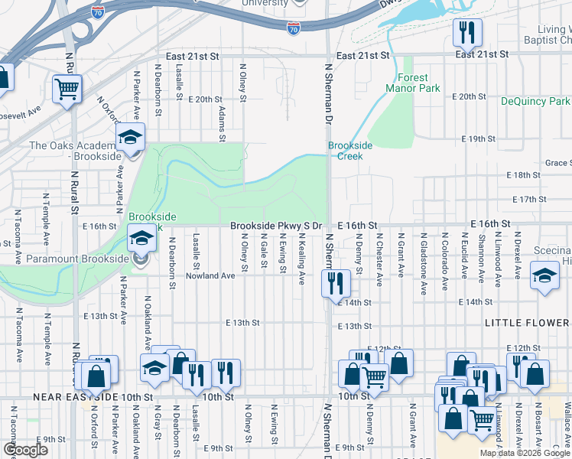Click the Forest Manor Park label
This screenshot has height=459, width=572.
[x=418, y=83]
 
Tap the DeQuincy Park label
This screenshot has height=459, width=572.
[x=535, y=101]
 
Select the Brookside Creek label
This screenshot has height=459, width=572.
[x=350, y=150]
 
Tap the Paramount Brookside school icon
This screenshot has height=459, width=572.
[x=141, y=240]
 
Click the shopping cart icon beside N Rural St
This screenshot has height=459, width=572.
[x=67, y=90]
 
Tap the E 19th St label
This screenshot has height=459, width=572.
[x=479, y=138]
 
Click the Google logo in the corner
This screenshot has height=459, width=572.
[x=25, y=450]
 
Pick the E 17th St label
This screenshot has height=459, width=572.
[x=527, y=200]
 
